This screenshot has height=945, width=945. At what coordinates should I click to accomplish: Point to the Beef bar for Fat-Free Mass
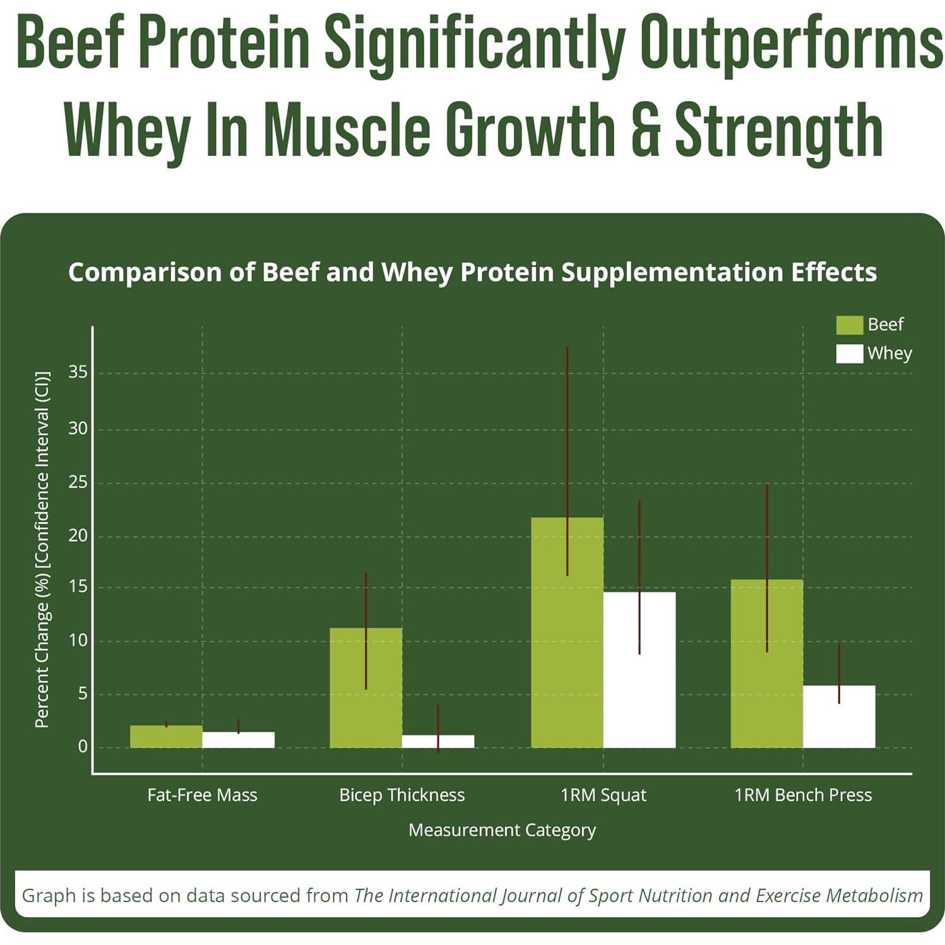pos(166,737)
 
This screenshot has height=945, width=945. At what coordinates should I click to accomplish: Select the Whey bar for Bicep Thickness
pos(437,741)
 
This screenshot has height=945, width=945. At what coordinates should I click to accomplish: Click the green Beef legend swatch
pos(849,325)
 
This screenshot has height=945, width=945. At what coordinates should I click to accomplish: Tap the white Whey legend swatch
pos(849,354)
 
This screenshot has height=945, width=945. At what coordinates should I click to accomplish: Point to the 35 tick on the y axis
pos(78,372)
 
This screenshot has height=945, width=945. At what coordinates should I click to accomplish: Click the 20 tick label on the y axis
pos(78,536)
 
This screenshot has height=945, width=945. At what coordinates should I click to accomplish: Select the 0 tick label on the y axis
pos(83,747)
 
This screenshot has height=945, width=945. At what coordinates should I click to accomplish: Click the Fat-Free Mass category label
pos(202,795)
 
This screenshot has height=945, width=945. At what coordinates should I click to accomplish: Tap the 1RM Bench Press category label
pos(802,795)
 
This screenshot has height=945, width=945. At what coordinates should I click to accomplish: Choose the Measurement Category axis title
pos(502,829)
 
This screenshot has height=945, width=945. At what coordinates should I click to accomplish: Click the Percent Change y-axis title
pos(42,549)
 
